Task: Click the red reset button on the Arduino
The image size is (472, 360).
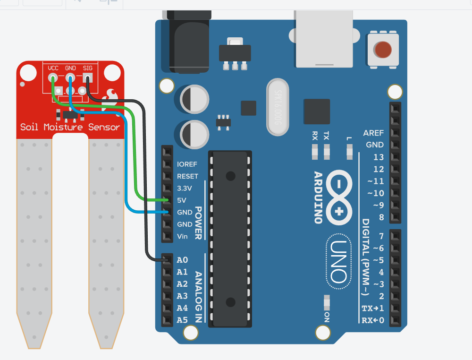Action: [383, 49]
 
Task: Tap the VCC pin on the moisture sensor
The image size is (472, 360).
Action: [53, 78]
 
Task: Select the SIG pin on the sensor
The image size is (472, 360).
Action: [88, 78]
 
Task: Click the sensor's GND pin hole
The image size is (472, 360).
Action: [70, 78]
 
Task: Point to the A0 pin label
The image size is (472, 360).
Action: [182, 260]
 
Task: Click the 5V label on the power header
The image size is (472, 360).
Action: [182, 200]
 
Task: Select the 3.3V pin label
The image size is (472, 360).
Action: [185, 188]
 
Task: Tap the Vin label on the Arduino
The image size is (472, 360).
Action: [182, 236]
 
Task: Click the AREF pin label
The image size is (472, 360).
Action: [373, 133]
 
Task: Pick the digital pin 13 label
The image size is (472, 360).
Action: [378, 157]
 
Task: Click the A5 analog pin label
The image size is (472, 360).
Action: [182, 320]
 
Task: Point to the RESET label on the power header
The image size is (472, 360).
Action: [187, 176]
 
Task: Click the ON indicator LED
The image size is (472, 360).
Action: [327, 301]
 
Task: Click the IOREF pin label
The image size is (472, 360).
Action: [187, 164]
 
